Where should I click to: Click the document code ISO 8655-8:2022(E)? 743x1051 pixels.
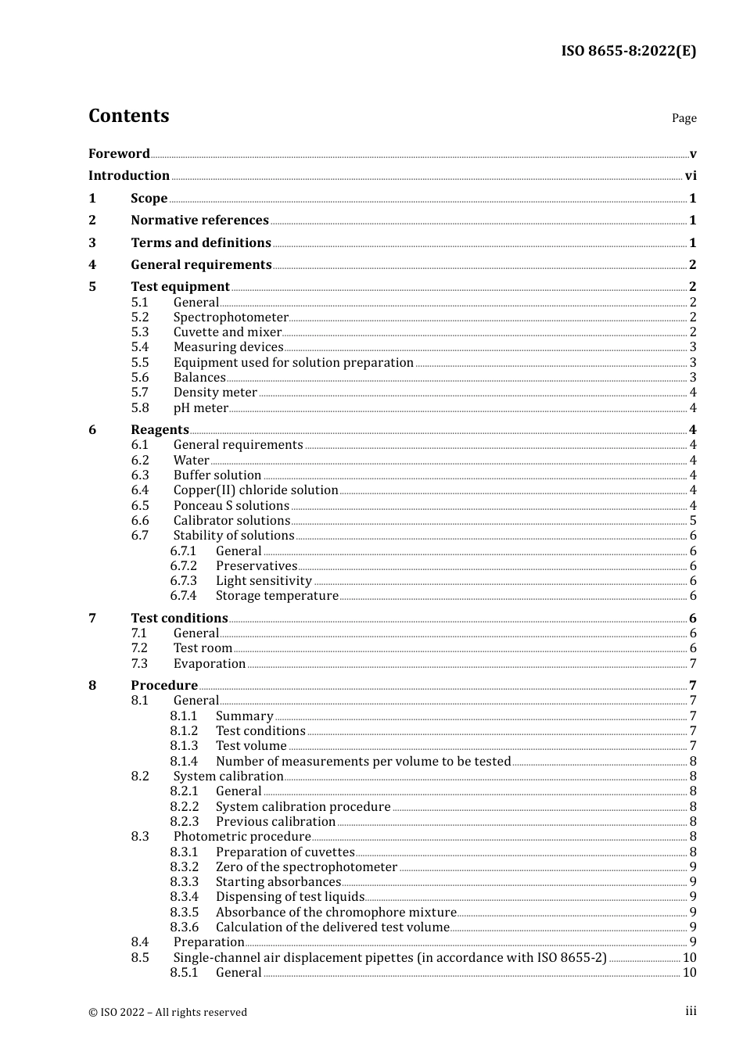pyautogui.click(x=628, y=52)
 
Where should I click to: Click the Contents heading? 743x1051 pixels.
pyautogui.click(x=128, y=116)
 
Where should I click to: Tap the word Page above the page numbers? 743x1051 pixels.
pyautogui.click(x=684, y=118)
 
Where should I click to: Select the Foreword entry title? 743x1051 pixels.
pyautogui.click(x=119, y=154)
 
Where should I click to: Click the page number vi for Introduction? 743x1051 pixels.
pyautogui.click(x=691, y=176)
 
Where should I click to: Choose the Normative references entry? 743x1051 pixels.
pyautogui.click(x=199, y=221)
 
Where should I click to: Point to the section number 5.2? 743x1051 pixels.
pyautogui.click(x=139, y=317)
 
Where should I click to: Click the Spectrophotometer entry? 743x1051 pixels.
pyautogui.click(x=231, y=317)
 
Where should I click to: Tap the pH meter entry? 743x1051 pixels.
pyautogui.click(x=200, y=408)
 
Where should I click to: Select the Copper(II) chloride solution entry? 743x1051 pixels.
pyautogui.click(x=256, y=490)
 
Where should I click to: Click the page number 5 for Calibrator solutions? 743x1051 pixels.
pyautogui.click(x=693, y=521)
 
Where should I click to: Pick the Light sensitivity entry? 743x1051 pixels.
pyautogui.click(x=264, y=581)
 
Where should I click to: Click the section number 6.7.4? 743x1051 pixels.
pyautogui.click(x=183, y=596)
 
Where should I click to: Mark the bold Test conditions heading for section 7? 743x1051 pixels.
pyautogui.click(x=179, y=619)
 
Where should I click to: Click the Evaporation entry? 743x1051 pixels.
pyautogui.click(x=210, y=664)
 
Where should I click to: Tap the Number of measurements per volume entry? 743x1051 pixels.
pyautogui.click(x=363, y=762)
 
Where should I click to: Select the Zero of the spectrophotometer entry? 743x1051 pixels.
pyautogui.click(x=307, y=867)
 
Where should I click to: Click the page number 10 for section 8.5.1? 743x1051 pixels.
pyautogui.click(x=689, y=973)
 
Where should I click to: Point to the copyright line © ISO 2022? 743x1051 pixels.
pyautogui.click(x=167, y=1013)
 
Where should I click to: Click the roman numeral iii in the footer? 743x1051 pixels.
pyautogui.click(x=691, y=1011)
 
